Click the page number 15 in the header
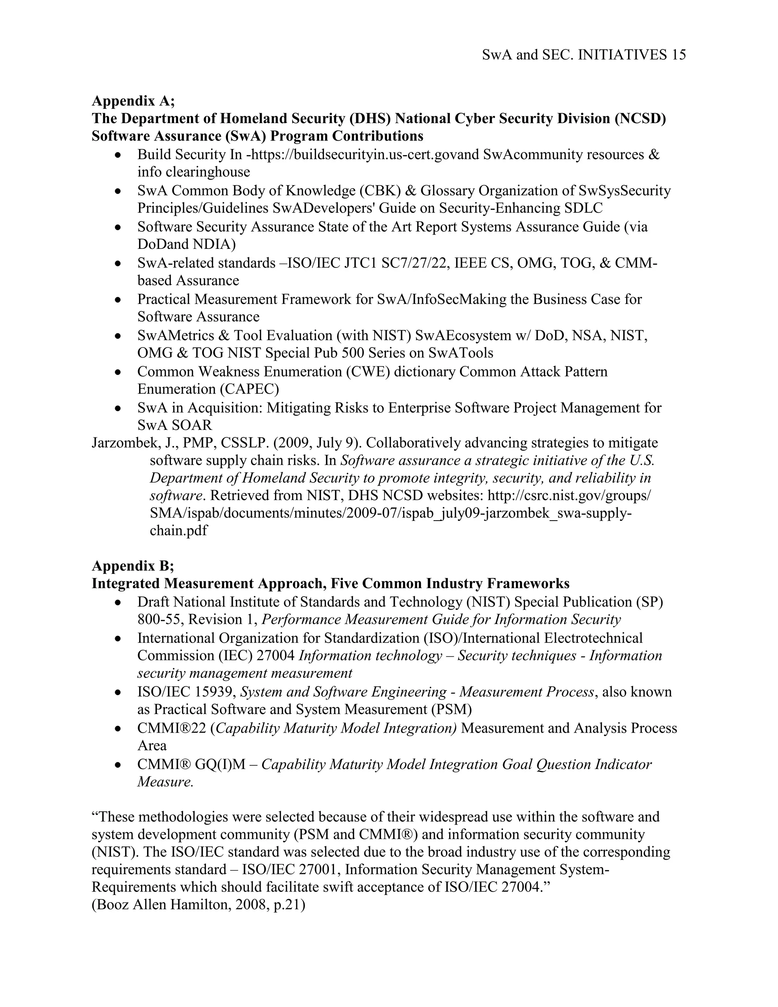[678, 55]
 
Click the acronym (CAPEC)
[249, 389]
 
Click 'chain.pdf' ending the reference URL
[179, 531]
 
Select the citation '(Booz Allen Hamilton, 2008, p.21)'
[199, 905]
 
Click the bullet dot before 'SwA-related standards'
[119, 264]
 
